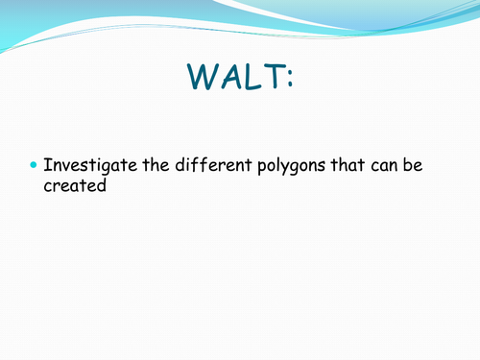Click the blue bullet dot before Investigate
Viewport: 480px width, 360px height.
pyautogui.click(x=34, y=166)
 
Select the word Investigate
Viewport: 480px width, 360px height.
pyautogui.click(x=87, y=167)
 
